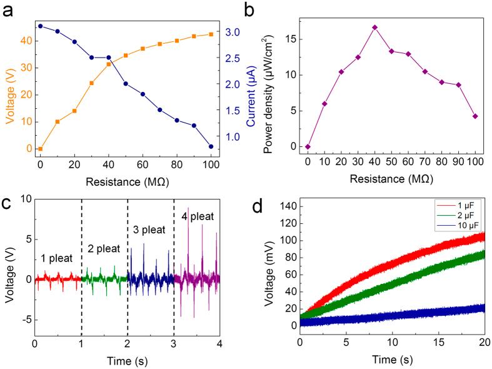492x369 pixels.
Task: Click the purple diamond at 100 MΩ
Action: tap(476, 116)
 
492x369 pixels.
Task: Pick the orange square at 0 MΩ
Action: tap(40, 149)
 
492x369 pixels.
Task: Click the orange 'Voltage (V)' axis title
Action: tap(11, 86)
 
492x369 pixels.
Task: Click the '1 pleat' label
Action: tap(58, 257)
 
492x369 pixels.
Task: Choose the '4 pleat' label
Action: tap(198, 217)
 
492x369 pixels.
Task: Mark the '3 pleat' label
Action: tap(150, 230)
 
